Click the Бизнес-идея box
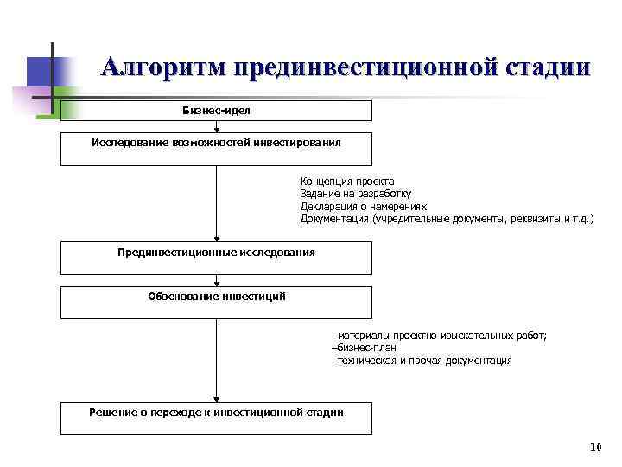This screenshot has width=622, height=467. click(x=216, y=111)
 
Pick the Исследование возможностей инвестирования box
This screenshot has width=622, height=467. click(x=216, y=149)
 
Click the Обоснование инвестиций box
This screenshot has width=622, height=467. click(x=216, y=303)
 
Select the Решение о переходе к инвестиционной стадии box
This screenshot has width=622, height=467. click(x=216, y=419)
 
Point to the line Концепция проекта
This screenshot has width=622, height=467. click(x=347, y=182)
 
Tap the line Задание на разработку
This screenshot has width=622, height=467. click(x=356, y=194)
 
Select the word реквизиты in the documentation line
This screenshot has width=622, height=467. click(x=531, y=219)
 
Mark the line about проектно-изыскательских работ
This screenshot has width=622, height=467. click(x=439, y=335)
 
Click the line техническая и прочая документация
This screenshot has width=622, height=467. click(x=422, y=360)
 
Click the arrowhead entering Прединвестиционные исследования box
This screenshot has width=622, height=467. click(x=216, y=239)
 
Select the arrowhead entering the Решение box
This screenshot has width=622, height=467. click(x=216, y=398)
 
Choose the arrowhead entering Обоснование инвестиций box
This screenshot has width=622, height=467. click(x=216, y=283)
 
